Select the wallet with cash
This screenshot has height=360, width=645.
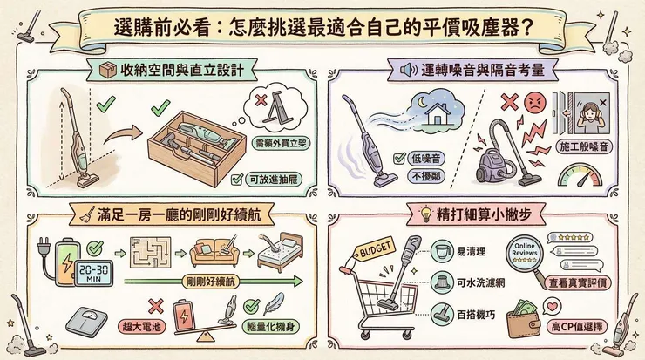[x=543, y=313]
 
